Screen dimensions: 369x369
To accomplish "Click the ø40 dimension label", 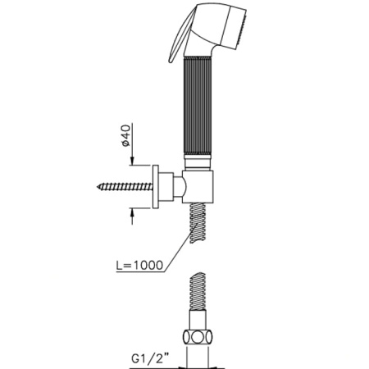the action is pyautogui.click(x=126, y=135).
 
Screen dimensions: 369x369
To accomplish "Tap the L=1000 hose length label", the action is pyautogui.click(x=139, y=265).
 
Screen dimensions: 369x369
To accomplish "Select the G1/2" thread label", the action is pyautogui.click(x=150, y=358).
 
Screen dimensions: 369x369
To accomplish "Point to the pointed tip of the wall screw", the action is pyautogui.click(x=98, y=187).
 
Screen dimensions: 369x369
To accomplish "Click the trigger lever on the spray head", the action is pyautogui.click(x=181, y=34).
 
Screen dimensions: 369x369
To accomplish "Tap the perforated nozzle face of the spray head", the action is pyautogui.click(x=243, y=29).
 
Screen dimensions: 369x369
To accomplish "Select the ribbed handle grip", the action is pyautogui.click(x=198, y=106).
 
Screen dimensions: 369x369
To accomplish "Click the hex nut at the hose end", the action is pyautogui.click(x=198, y=338).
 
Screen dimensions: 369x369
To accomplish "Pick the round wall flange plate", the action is pyautogui.click(x=156, y=187).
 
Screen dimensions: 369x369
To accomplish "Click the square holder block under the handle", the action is pyautogui.click(x=198, y=187).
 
